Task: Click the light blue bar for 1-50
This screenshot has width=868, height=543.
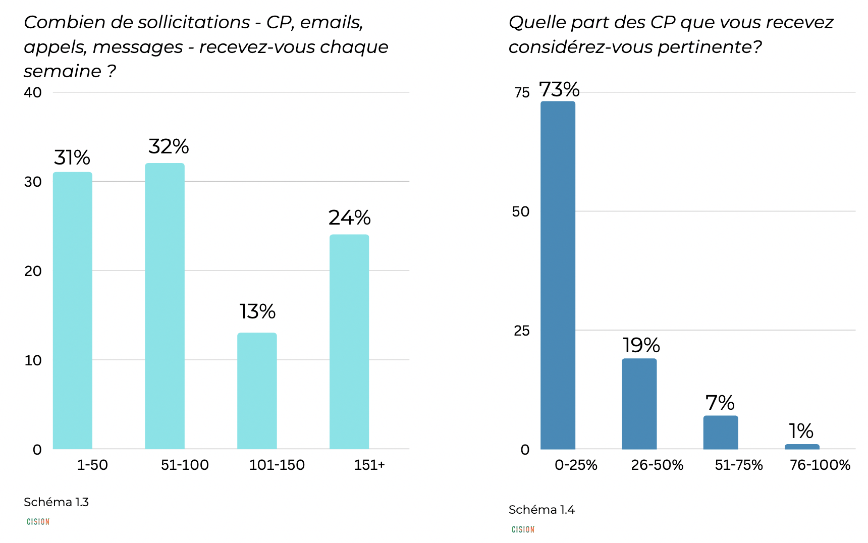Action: [x=73, y=310]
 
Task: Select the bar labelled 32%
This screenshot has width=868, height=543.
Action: [x=165, y=306]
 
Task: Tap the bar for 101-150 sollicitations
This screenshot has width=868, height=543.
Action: [x=257, y=391]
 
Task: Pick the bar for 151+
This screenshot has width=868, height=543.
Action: [x=349, y=342]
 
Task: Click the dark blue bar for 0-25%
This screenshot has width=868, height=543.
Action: [x=558, y=275]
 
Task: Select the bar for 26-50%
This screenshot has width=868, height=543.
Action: [x=639, y=404]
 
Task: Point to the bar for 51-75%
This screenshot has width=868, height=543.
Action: [x=721, y=432]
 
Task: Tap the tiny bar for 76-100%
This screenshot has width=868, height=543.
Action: [x=802, y=447]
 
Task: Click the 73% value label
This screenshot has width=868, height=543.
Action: [x=559, y=90]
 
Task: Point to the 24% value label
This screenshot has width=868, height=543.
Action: [x=349, y=218]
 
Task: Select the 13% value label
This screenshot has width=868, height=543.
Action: [x=257, y=312]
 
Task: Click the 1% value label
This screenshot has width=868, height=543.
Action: [x=801, y=431]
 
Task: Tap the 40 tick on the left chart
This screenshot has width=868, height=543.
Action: [x=33, y=92]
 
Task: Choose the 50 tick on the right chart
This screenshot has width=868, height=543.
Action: [x=521, y=211]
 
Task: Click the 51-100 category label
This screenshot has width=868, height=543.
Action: [x=185, y=465]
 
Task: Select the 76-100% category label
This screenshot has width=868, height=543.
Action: [x=820, y=465]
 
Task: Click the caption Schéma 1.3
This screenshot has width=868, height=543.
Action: [x=56, y=502]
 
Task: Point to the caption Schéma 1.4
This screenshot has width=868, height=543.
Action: [x=541, y=510]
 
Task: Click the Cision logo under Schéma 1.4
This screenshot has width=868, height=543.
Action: [x=523, y=529]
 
